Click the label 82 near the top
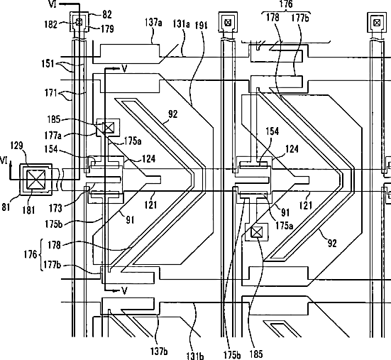(106, 14)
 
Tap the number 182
(51, 24)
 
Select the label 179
(107, 29)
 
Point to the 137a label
(153, 23)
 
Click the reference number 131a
(181, 24)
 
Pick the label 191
(201, 25)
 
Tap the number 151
(48, 64)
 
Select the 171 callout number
(51, 94)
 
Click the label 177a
(53, 136)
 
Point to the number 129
(17, 146)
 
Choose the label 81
(6, 207)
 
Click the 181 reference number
(28, 210)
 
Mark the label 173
(55, 207)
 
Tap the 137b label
(159, 351)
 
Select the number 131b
(195, 355)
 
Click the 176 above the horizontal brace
(286, 4)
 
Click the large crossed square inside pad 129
(36, 179)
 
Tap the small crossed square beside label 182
(79, 22)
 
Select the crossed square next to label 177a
(109, 128)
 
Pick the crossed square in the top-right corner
(377, 23)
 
